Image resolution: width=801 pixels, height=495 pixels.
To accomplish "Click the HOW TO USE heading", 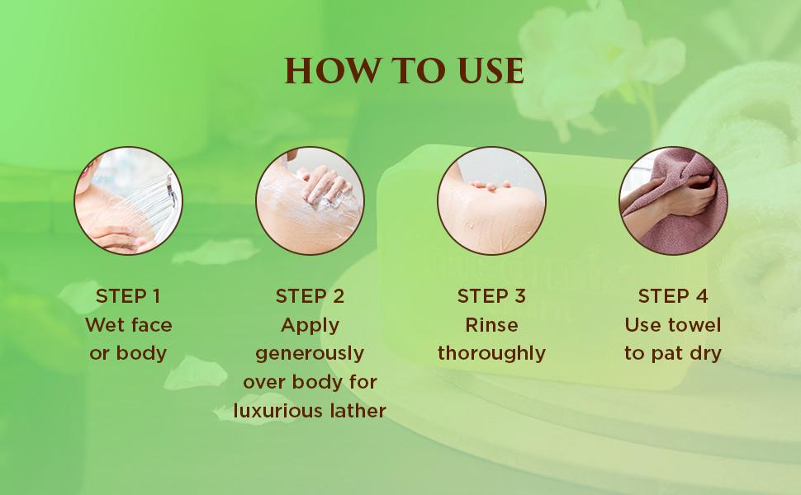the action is point(404,70).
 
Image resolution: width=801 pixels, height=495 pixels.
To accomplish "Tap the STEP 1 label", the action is point(128,296).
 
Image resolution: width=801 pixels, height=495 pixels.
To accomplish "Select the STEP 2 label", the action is point(310,296).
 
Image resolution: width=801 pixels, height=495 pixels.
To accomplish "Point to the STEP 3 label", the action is point(491,296).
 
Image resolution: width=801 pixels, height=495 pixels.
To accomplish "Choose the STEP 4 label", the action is point(673,296).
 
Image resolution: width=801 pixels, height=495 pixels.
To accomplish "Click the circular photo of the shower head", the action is point(128,200).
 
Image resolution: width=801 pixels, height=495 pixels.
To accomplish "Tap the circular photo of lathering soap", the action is point(310,200).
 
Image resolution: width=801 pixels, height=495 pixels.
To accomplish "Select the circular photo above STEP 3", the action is point(491,200).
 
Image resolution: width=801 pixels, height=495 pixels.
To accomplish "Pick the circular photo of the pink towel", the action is point(673,200).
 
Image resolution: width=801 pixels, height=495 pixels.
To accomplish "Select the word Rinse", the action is point(491,325).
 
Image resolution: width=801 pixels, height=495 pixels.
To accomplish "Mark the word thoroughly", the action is point(491,354).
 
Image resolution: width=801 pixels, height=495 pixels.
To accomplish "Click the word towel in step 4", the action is point(695,325).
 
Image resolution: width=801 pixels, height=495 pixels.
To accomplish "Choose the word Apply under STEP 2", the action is point(310,326).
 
